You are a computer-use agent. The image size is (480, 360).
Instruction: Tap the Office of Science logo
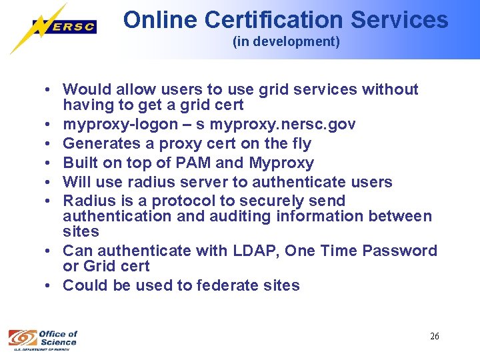click(x=43, y=338)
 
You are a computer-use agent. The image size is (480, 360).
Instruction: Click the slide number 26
click(x=435, y=336)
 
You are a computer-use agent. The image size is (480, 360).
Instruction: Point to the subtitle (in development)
click(x=286, y=42)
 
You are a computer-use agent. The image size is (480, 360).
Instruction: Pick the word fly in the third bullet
click(x=299, y=143)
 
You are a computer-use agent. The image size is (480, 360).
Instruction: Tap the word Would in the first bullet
click(x=83, y=89)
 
